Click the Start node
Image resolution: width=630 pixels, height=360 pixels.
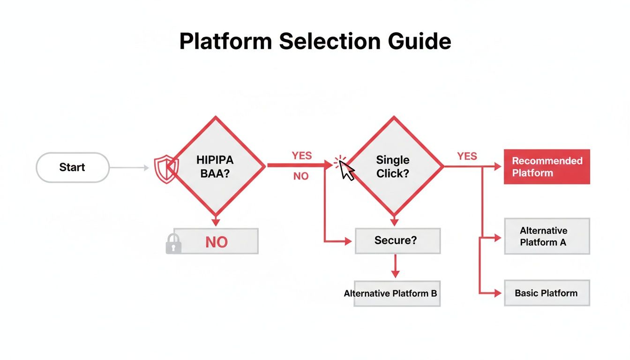72,167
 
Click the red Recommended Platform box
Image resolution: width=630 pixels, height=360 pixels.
547,167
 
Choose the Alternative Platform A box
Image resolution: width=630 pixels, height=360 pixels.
547,236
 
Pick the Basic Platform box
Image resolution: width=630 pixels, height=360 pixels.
547,293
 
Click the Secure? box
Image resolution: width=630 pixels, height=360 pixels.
397,240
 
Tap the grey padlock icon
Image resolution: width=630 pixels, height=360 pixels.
173,244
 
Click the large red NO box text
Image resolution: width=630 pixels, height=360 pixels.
217,242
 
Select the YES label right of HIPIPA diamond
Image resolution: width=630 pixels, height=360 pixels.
301,156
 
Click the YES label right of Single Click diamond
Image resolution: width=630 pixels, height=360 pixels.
467,156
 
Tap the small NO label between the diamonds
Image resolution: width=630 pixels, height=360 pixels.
300,177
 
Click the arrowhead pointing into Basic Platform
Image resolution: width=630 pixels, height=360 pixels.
497,293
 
